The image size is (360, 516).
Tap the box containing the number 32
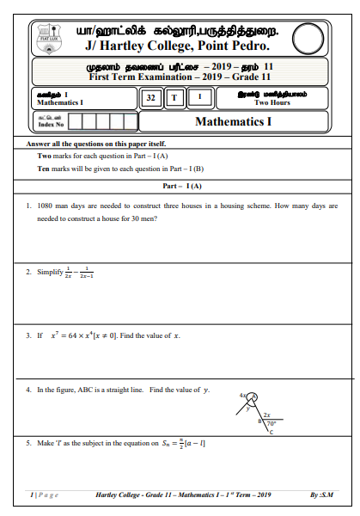click(x=151, y=98)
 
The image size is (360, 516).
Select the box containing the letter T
click(x=174, y=98)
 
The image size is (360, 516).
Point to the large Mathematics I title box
click(x=234, y=121)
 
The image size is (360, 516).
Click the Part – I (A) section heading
click(x=181, y=186)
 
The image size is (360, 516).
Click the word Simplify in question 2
click(x=50, y=272)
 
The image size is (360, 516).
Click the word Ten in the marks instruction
click(x=45, y=169)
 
